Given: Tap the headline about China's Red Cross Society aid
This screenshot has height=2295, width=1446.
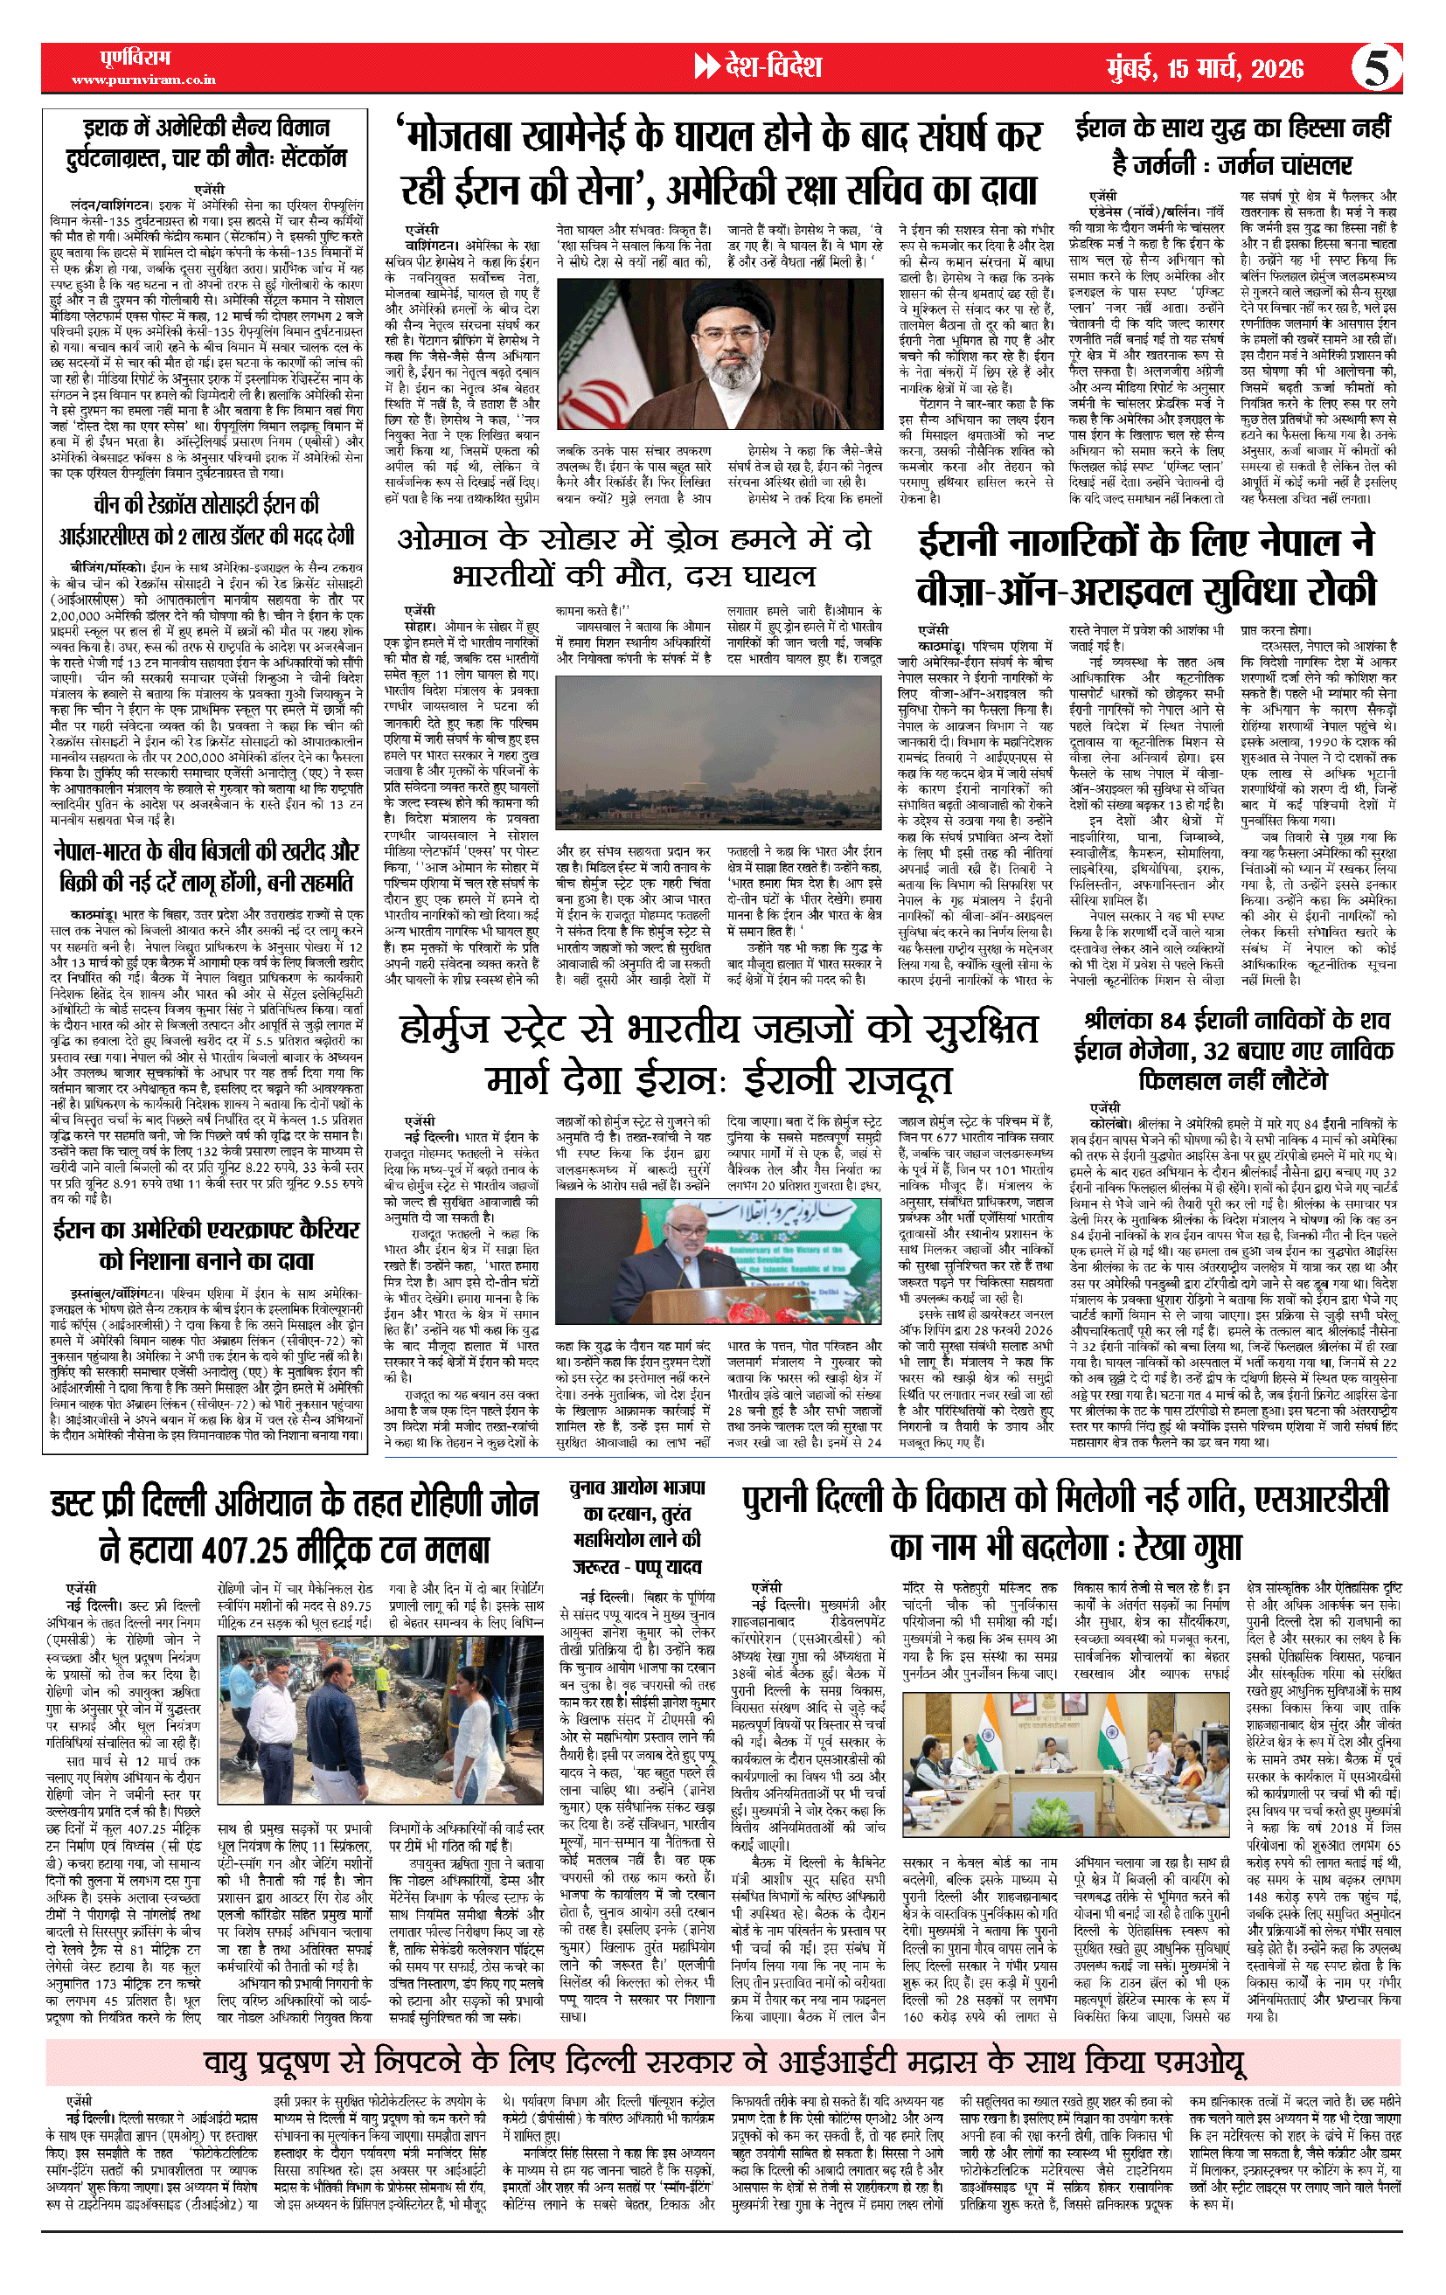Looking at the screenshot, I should click(203, 519).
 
